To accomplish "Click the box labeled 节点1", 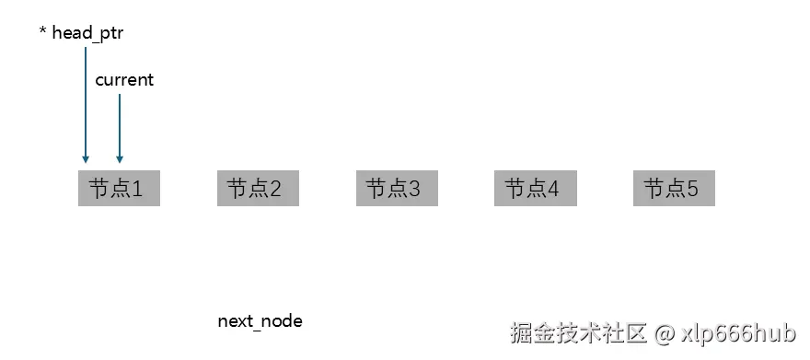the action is [x=119, y=189].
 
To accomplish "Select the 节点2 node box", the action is [x=258, y=189].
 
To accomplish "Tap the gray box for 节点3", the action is [x=397, y=189].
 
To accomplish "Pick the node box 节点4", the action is [x=536, y=189].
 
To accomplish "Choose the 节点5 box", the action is [x=674, y=189].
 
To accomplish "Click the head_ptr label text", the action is [x=87, y=33].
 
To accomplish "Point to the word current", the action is [x=124, y=80].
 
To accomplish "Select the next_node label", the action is [x=260, y=321].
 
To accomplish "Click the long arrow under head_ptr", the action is [x=86, y=101].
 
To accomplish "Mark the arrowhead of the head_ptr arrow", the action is [x=86, y=159].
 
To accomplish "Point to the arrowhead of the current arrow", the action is [x=120, y=159].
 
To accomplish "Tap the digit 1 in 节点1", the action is [x=137, y=190].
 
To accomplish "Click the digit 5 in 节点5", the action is [x=692, y=190].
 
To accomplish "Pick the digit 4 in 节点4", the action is [x=553, y=190].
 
